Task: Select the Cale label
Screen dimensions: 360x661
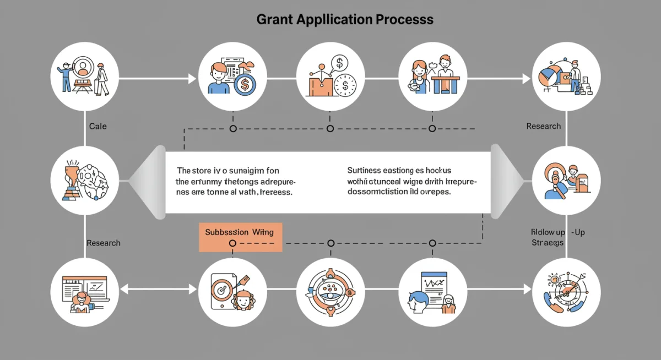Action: [x=97, y=126]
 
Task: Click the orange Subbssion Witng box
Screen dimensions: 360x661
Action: [x=240, y=237]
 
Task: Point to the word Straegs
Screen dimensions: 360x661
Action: [x=547, y=243]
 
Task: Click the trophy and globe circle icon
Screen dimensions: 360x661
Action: [x=84, y=179]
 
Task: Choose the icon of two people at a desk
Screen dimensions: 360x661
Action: [x=432, y=75]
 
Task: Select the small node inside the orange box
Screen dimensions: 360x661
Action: [x=232, y=243]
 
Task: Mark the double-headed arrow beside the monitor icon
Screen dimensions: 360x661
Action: [x=158, y=289]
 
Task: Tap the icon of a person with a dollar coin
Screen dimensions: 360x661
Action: [x=232, y=75]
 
